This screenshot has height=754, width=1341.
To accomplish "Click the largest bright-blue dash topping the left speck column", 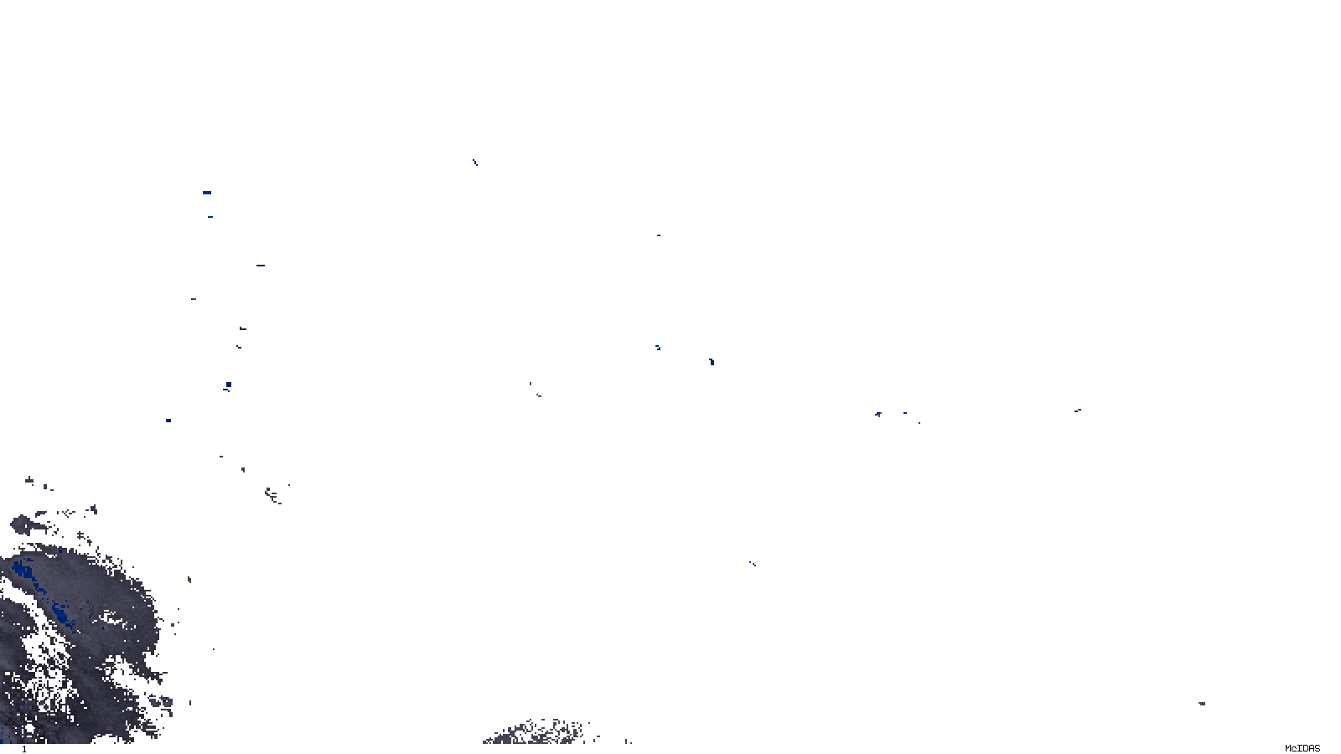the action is (x=206, y=193).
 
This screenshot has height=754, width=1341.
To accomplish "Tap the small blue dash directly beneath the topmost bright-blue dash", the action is (x=210, y=217).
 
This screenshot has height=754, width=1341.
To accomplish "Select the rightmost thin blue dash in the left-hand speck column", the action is (x=261, y=266).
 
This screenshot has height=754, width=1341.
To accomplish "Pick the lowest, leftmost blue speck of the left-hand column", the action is (x=168, y=421).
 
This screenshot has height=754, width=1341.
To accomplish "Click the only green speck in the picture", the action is (x=658, y=235).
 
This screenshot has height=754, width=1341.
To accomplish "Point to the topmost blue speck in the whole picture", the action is (x=474, y=162).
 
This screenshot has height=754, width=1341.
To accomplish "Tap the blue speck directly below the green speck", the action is (x=658, y=347).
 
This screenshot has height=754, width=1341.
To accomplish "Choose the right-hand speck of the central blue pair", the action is (x=712, y=362).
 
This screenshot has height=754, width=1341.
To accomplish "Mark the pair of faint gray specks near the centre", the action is (x=535, y=390).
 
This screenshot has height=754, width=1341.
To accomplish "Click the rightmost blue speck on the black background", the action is (x=1077, y=411).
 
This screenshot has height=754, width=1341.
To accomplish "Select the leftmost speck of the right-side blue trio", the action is (x=878, y=414).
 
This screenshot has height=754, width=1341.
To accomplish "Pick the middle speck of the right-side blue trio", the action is (x=904, y=412).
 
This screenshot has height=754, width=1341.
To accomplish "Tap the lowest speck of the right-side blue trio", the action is (x=919, y=422).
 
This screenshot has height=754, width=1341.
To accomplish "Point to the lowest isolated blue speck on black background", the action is (x=752, y=564).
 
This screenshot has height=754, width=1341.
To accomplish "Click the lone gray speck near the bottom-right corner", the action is (x=1202, y=704).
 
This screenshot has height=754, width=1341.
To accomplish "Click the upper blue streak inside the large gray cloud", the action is (x=23, y=573).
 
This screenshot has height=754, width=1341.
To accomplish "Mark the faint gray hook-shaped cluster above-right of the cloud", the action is (x=273, y=496).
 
